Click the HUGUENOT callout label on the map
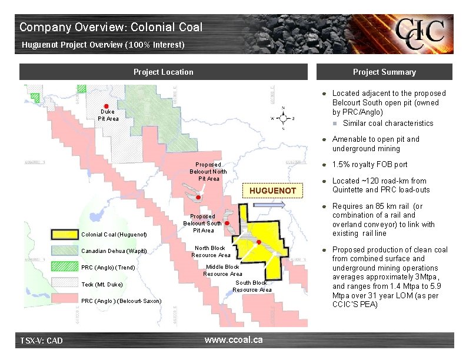[272, 191]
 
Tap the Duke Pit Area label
[108, 115]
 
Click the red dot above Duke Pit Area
[106, 105]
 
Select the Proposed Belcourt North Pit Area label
[208, 171]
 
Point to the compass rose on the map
[283, 118]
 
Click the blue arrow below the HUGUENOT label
[272, 205]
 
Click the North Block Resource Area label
[210, 251]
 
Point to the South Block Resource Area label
[252, 286]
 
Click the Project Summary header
[384, 72]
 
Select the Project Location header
[163, 72]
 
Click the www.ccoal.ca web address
[234, 340]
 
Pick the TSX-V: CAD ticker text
[42, 341]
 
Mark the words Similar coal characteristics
[388, 123]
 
